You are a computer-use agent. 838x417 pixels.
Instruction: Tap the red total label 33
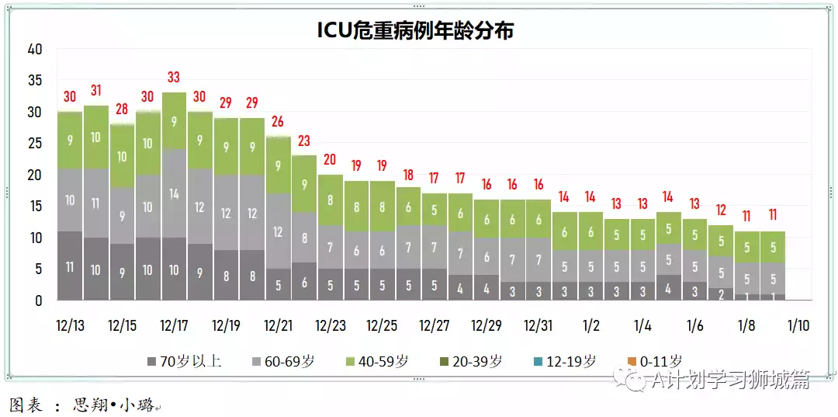pyautogui.click(x=174, y=78)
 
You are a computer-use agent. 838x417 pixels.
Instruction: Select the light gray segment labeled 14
pyautogui.click(x=174, y=194)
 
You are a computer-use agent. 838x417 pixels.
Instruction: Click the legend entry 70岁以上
pyautogui.click(x=184, y=361)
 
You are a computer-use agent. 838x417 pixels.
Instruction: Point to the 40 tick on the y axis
pyautogui.click(x=35, y=49)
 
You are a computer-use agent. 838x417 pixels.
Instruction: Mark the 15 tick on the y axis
pyautogui.click(x=35, y=206)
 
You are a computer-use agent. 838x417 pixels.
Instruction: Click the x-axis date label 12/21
pyautogui.click(x=278, y=325)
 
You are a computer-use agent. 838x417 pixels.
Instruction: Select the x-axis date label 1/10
pyautogui.click(x=798, y=325)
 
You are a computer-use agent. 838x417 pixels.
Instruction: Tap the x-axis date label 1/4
pyautogui.click(x=642, y=325)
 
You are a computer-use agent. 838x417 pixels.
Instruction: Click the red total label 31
pyautogui.click(x=96, y=91)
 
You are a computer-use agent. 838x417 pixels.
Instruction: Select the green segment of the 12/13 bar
pyautogui.click(x=70, y=141)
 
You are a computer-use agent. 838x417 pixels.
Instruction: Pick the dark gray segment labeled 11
pyautogui.click(x=70, y=266)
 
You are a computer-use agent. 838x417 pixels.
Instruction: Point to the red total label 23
pyautogui.click(x=304, y=141)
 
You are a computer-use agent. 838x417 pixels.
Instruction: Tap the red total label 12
pyautogui.click(x=721, y=210)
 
